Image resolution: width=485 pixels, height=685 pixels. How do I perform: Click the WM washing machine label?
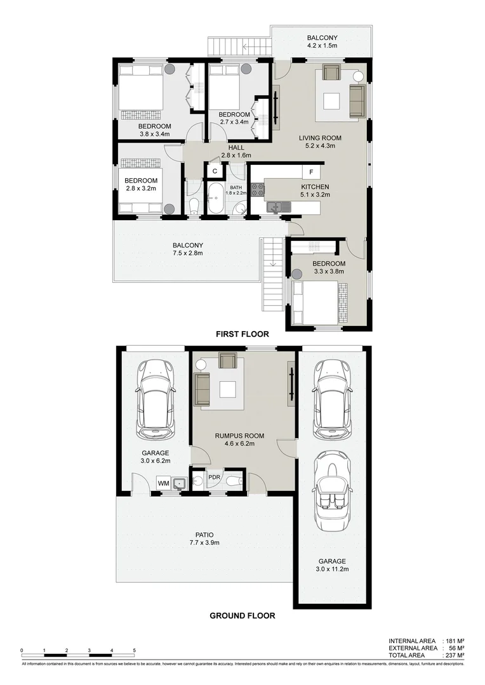click(163, 483)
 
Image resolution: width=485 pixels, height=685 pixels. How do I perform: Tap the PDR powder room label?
click(214, 477)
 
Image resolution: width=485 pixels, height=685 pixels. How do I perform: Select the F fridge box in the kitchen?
click(310, 172)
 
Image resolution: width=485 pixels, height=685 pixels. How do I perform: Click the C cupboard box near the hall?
click(215, 171)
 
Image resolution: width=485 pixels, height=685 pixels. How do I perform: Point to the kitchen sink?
click(275, 206)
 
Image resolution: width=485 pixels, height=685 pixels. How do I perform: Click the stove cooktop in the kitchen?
click(257, 188)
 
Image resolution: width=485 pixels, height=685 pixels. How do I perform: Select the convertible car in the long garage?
click(331, 488)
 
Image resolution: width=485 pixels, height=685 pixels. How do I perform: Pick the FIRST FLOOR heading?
click(242, 334)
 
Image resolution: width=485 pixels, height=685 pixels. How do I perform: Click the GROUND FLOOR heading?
click(242, 615)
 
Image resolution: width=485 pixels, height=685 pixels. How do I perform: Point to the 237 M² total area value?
click(455, 655)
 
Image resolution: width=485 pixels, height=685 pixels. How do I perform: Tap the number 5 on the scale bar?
click(134, 650)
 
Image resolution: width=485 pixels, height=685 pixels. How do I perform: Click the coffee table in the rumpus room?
click(229, 388)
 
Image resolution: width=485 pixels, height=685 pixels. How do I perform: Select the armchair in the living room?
click(331, 73)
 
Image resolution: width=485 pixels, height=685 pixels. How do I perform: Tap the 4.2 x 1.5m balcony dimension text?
click(323, 46)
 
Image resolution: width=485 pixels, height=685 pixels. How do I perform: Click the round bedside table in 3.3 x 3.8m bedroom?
click(297, 274)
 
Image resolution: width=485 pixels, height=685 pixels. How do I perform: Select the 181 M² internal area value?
click(455, 641)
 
